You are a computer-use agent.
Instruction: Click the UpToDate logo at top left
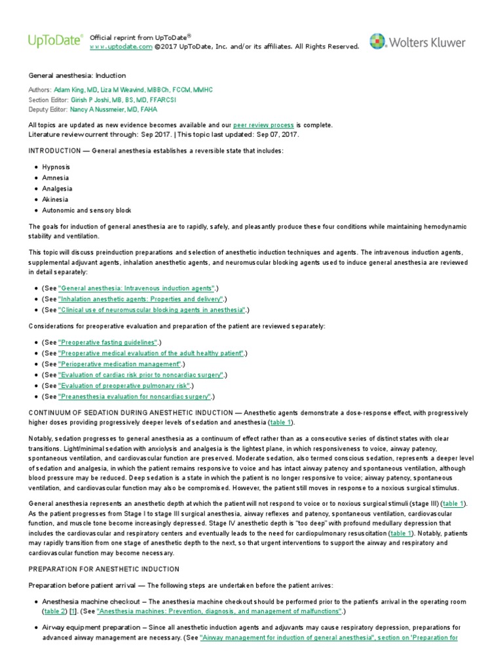[x=55, y=41]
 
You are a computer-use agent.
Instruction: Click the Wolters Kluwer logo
[x=417, y=42]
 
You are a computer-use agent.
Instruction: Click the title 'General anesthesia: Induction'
[x=77, y=75]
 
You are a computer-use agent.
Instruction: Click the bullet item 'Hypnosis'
[x=56, y=167]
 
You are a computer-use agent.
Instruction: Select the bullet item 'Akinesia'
[x=55, y=199]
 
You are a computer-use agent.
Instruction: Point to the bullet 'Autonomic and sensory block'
[x=86, y=210]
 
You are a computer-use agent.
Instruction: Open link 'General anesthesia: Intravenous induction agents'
[x=136, y=288]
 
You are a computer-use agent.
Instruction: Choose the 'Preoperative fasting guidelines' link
[x=107, y=342]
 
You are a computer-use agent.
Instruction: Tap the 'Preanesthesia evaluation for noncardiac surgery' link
[x=134, y=396]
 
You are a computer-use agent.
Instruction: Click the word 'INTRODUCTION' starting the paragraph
[x=57, y=151]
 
